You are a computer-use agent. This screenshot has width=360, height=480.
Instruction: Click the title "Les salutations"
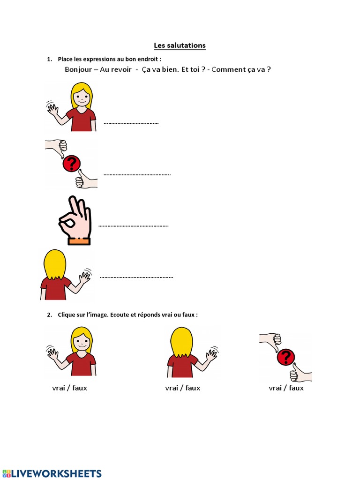(180, 45)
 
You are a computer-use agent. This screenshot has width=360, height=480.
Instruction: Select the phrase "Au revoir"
(116, 70)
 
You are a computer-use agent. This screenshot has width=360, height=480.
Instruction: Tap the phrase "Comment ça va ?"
(241, 70)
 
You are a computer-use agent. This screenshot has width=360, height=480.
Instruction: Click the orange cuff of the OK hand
(79, 240)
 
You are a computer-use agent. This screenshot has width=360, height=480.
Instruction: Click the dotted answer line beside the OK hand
(133, 226)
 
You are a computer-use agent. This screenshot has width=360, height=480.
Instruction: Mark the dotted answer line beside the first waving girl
(131, 123)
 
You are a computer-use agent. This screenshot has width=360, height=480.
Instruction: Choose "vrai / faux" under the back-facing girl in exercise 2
(183, 388)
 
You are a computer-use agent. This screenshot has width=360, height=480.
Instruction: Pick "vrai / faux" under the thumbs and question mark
(286, 388)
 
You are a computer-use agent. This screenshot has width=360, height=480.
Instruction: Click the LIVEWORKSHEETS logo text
(56, 473)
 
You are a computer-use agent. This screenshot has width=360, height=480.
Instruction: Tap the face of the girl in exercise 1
(82, 99)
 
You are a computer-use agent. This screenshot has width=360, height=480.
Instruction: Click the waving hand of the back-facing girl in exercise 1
(85, 277)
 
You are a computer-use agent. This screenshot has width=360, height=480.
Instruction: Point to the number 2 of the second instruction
(49, 315)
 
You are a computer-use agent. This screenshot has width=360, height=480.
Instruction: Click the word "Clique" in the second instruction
(67, 315)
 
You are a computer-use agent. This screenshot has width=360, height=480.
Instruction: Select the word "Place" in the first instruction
(66, 59)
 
